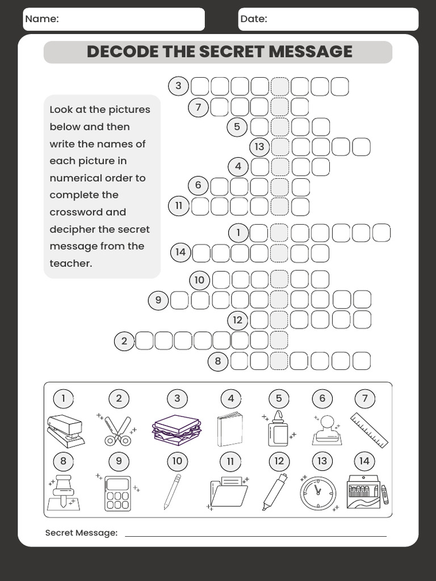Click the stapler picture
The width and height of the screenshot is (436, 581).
click(65, 431)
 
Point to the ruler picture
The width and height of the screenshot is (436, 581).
click(369, 430)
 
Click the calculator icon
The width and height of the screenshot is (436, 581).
click(118, 493)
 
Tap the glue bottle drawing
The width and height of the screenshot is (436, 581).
click(278, 430)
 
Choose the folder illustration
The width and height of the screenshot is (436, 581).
click(229, 492)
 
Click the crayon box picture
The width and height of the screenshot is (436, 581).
click(364, 491)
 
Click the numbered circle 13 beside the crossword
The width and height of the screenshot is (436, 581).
click(259, 147)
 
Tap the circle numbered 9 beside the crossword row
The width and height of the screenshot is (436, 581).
click(158, 300)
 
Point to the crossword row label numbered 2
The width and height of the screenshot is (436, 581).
click(124, 341)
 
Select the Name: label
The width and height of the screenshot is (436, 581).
click(42, 19)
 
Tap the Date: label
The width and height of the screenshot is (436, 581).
click(254, 19)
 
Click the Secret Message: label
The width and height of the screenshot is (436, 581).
click(81, 533)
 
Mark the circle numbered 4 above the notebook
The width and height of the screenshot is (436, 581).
click(230, 398)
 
